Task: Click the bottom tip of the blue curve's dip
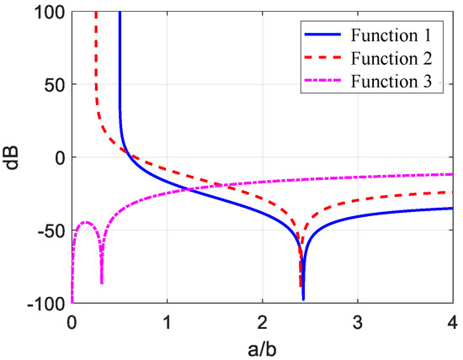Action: [303, 299]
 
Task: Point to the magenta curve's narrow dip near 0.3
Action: [102, 283]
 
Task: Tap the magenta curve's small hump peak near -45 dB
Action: [86, 222]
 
